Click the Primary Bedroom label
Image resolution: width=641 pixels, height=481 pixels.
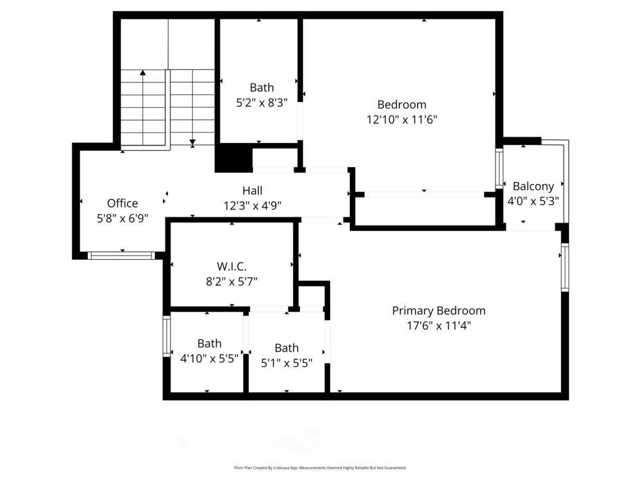point(438,310)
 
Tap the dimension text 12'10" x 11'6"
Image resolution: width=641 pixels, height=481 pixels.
point(402,119)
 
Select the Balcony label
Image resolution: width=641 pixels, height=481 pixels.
point(533,186)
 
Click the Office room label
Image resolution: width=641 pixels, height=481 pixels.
point(122,203)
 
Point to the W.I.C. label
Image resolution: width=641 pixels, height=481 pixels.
point(231,266)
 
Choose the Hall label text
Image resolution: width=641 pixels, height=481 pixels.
point(252,190)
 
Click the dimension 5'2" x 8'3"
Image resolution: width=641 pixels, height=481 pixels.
point(262,102)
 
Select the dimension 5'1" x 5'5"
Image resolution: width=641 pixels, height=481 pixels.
point(287,362)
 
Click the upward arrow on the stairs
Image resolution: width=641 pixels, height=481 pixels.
point(143,72)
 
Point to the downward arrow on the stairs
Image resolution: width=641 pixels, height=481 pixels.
point(192,142)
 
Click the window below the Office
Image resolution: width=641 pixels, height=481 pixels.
point(121,255)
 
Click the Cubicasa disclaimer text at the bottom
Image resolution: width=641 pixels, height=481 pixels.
point(320,468)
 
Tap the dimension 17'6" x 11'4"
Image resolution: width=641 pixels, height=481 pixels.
point(438,325)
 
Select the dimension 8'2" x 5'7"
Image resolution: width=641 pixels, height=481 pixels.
point(231,281)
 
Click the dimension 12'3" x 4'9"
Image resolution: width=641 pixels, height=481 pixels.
point(252,205)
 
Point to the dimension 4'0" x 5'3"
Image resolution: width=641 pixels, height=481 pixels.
point(533,200)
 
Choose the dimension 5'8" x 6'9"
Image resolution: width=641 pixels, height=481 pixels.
point(122,218)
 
